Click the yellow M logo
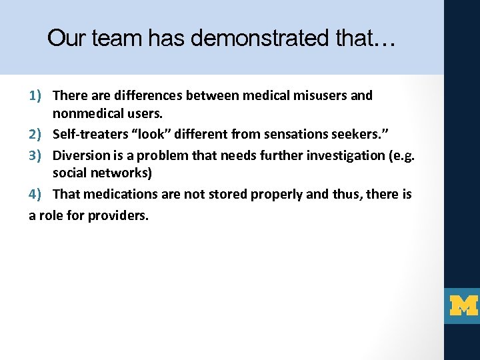[x=463, y=306]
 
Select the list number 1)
[x=37, y=95]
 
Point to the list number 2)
[x=37, y=134]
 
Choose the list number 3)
[x=37, y=155]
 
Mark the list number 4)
[x=37, y=194]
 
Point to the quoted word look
[x=151, y=134]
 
